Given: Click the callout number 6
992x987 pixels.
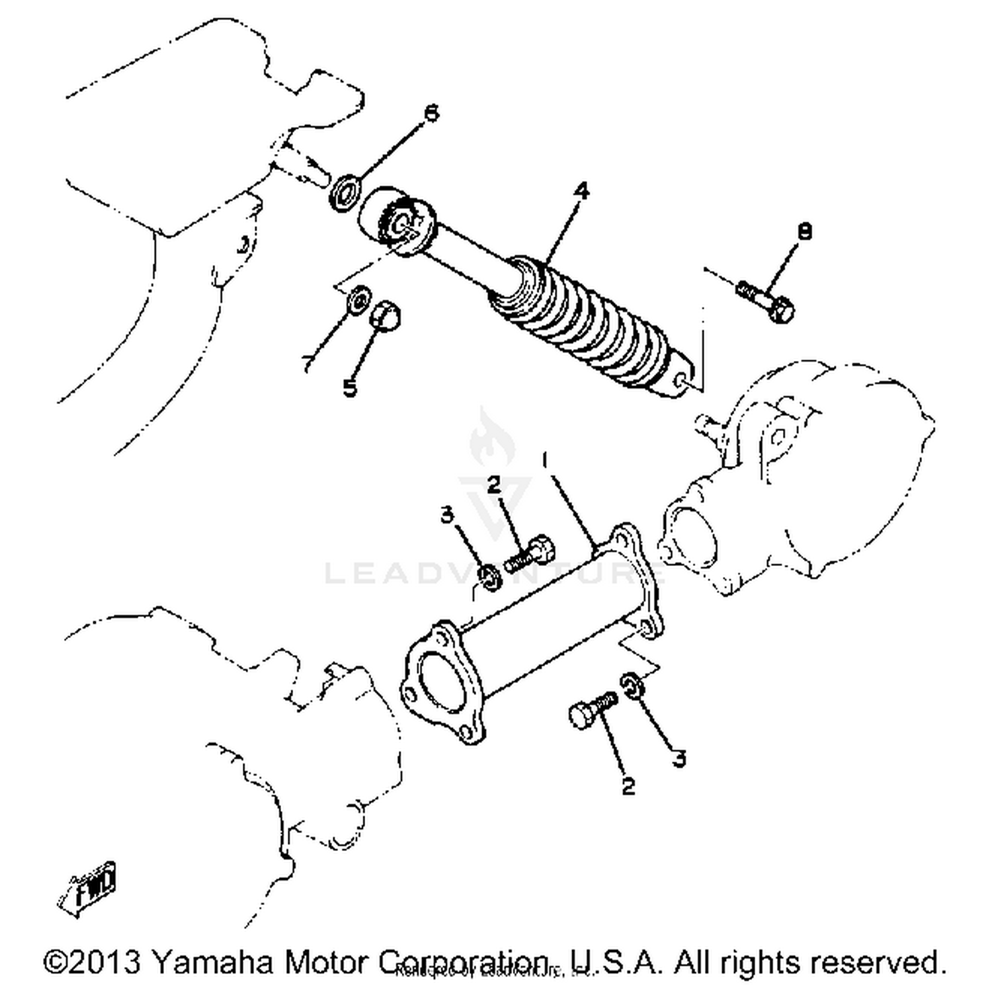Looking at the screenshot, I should coord(431,114).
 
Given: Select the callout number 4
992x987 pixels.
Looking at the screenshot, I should coord(581,191).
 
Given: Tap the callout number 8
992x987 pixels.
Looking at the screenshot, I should coord(805,231).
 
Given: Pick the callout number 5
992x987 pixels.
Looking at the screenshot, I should coord(350,387).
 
